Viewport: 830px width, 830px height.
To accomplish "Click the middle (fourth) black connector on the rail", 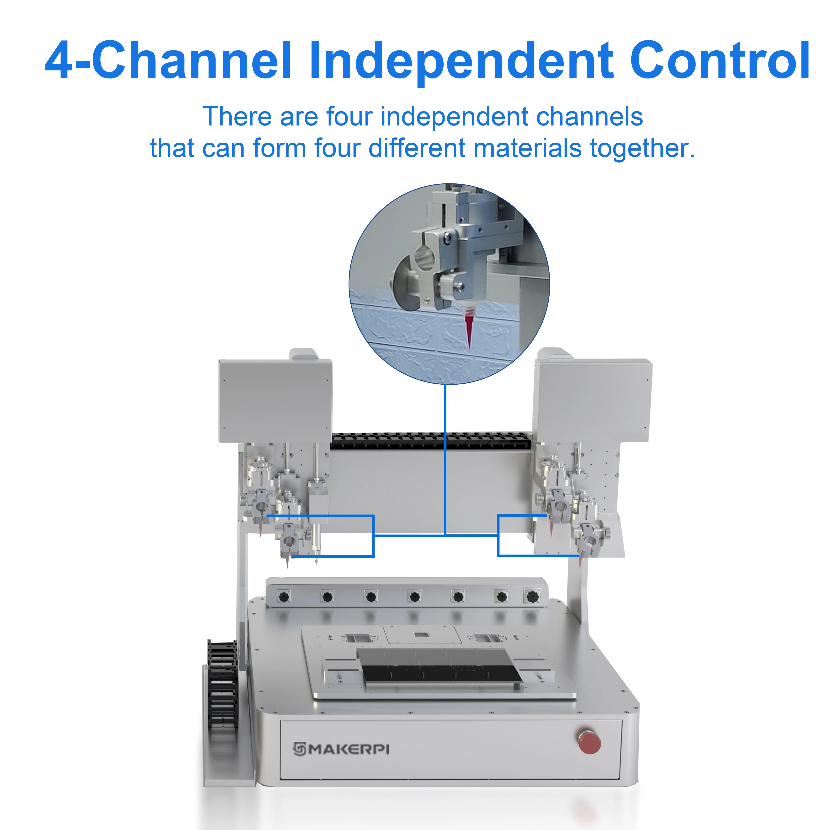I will point(414,597).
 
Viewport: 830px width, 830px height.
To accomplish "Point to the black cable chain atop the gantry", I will point(430,441).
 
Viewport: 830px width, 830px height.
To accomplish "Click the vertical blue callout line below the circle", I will point(445,460).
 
